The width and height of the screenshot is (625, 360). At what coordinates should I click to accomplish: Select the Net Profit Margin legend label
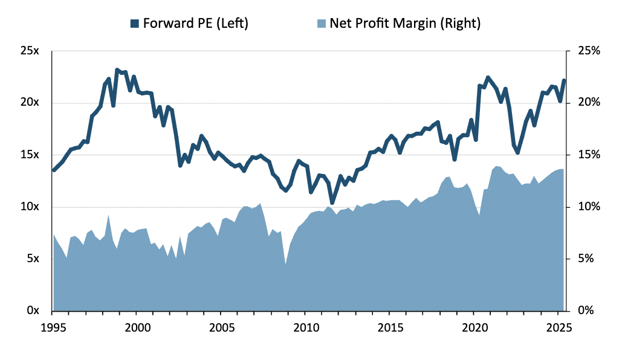pyautogui.click(x=405, y=24)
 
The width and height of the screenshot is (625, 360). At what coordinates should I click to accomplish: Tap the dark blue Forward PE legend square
pyautogui.click(x=135, y=24)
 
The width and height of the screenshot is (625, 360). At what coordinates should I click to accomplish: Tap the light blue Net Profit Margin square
pyautogui.click(x=322, y=24)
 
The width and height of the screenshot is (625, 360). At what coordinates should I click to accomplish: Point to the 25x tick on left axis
pyautogui.click(x=29, y=51)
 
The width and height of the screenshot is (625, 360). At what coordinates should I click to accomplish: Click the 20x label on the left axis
pyautogui.click(x=29, y=103)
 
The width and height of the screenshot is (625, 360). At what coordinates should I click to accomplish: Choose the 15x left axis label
pyautogui.click(x=29, y=155)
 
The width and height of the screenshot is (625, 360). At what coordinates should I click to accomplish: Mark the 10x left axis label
pyautogui.click(x=29, y=207)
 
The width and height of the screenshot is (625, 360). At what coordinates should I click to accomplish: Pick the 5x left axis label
pyautogui.click(x=31, y=259)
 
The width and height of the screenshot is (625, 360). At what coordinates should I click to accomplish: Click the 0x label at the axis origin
pyautogui.click(x=31, y=310)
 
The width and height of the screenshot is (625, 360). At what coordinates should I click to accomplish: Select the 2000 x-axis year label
pyautogui.click(x=137, y=329)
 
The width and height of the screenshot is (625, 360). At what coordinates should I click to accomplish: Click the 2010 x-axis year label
pyautogui.click(x=306, y=329)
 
